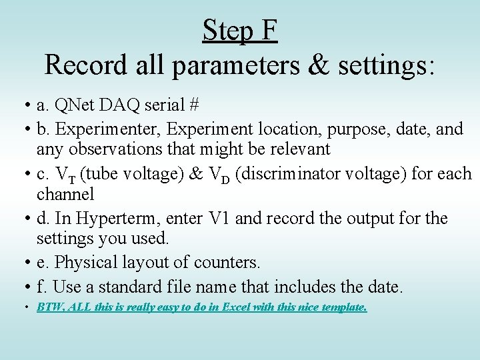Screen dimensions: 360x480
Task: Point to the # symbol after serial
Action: tap(193, 105)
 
